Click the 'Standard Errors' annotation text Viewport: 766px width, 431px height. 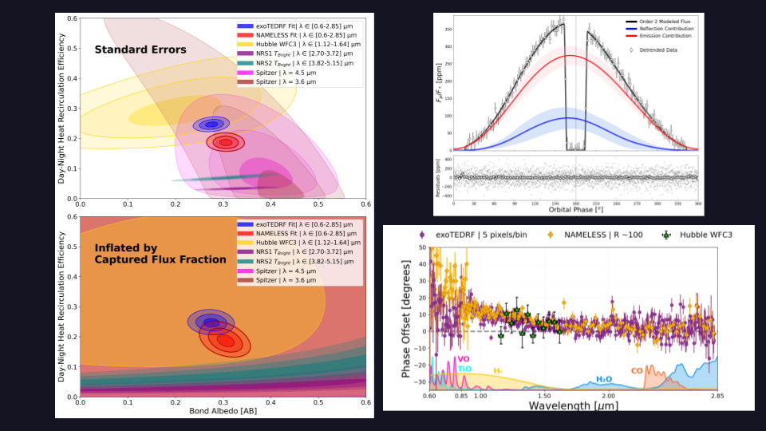pos(140,49)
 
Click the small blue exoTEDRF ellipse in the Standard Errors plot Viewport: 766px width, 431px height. pos(211,125)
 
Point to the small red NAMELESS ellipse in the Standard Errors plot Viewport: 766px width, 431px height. pos(226,143)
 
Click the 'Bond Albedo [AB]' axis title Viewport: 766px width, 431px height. pos(223,411)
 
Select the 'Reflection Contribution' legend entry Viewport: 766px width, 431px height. pos(663,29)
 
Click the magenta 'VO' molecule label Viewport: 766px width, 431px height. pos(464,359)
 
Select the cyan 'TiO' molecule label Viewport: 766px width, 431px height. pos(464,369)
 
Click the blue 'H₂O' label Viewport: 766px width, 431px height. pos(605,380)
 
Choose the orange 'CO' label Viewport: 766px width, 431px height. pos(638,370)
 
